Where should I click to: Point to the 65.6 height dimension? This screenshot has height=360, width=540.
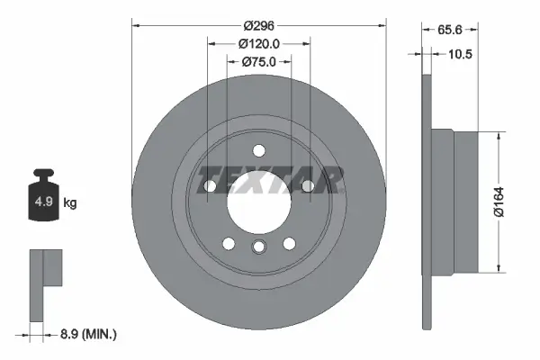coord(450,30)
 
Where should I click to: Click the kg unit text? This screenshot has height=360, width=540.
coord(70,203)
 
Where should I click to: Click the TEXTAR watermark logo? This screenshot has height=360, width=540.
coord(270,179)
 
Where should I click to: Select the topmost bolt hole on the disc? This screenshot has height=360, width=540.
coord(259,150)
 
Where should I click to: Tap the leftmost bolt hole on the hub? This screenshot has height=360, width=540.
coord(209,185)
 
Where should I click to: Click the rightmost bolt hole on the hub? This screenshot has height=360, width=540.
coord(308,185)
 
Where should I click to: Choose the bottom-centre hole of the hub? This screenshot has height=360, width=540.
coord(259,249)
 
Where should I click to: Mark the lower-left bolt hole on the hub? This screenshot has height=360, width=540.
coord(229,243)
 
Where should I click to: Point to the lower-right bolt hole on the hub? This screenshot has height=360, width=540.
coord(289,243)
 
